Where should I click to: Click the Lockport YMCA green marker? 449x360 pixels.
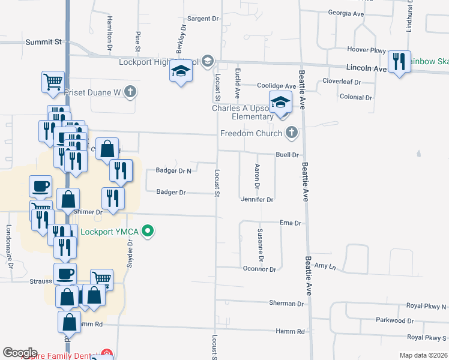150,231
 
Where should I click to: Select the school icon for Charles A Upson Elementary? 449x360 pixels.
280,103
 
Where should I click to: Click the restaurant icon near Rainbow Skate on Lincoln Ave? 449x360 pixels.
399,61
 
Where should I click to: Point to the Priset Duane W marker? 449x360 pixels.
130,92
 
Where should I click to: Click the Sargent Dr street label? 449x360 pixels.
203,19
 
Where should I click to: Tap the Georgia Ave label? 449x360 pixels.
347,13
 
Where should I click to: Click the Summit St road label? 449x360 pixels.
44,42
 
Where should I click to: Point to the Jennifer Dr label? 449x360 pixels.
257,199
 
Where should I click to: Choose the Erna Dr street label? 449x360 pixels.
291,223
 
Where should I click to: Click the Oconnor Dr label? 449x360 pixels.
259,269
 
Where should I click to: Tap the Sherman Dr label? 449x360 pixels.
286,304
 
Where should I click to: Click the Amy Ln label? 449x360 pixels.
324,265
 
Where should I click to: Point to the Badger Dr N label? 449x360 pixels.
173,171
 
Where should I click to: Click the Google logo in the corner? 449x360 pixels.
20,353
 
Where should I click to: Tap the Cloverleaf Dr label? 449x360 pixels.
341,81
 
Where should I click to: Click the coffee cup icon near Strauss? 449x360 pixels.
65,274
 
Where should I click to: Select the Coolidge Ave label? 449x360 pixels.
277,86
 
